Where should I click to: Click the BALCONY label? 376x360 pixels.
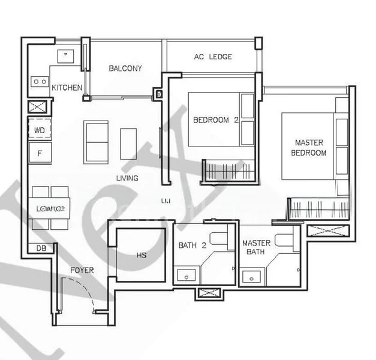click(125, 68)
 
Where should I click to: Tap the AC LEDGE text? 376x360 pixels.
click(213, 57)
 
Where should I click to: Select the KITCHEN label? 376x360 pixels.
click(67, 88)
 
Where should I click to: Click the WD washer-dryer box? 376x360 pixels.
click(40, 130)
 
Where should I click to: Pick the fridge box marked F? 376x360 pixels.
click(40, 154)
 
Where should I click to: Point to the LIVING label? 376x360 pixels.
click(127, 178)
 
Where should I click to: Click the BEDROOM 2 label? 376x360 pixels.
click(216, 120)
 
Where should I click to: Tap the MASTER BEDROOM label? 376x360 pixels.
click(309, 148)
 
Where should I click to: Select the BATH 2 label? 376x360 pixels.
click(192, 245)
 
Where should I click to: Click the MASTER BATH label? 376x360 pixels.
click(256, 247)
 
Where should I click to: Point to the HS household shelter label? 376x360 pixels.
click(142, 255)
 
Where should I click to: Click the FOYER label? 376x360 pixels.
click(82, 271)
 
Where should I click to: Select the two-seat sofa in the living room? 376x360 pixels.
click(96, 142)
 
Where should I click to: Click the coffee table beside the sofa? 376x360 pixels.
click(128, 143)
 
